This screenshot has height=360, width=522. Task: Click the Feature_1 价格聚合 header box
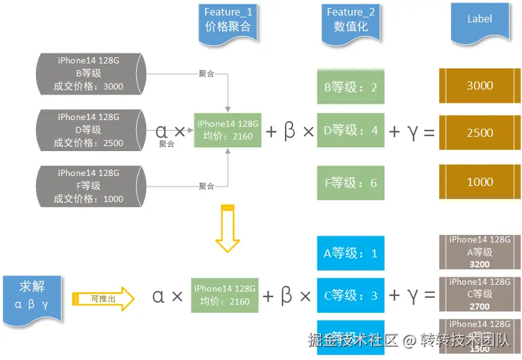[228, 22]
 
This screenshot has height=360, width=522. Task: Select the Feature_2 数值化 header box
[350, 22]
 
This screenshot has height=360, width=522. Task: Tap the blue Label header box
[480, 22]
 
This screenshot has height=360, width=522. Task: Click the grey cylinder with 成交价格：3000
[91, 73]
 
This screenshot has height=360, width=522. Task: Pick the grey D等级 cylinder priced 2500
[91, 130]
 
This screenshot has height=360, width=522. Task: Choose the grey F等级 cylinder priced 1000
[91, 186]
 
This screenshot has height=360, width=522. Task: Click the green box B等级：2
[350, 87]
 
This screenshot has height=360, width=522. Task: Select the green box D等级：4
[350, 130]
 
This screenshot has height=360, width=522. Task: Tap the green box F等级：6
[350, 183]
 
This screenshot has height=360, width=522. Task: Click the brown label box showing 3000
[480, 86]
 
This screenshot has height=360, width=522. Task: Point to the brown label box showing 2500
[480, 132]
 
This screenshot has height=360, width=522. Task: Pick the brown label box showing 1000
[480, 182]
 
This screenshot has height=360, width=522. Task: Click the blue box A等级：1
[350, 253]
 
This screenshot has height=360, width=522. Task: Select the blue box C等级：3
[350, 295]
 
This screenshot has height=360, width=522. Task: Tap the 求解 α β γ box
[32, 295]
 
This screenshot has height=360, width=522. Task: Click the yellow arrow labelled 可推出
[103, 298]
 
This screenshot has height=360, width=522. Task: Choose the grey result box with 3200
[480, 252]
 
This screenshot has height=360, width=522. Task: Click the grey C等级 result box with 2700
[480, 294]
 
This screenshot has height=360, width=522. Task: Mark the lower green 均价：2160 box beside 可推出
[225, 295]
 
